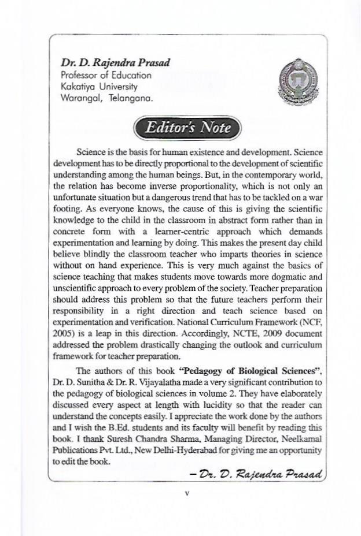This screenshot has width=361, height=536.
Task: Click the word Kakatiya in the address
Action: tap(79, 87)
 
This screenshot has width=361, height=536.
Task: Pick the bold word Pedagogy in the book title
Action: tap(189, 371)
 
